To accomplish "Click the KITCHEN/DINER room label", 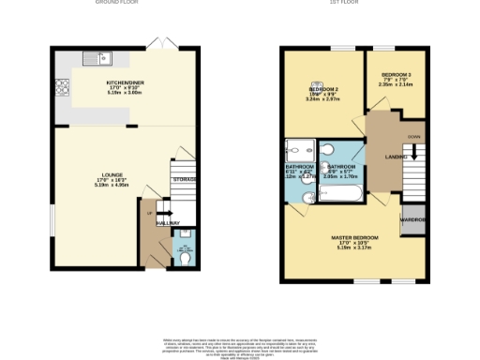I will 124,82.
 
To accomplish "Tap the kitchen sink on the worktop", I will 97,58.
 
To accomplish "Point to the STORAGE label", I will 184,178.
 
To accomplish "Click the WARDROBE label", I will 413,220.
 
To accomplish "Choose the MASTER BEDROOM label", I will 352,238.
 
